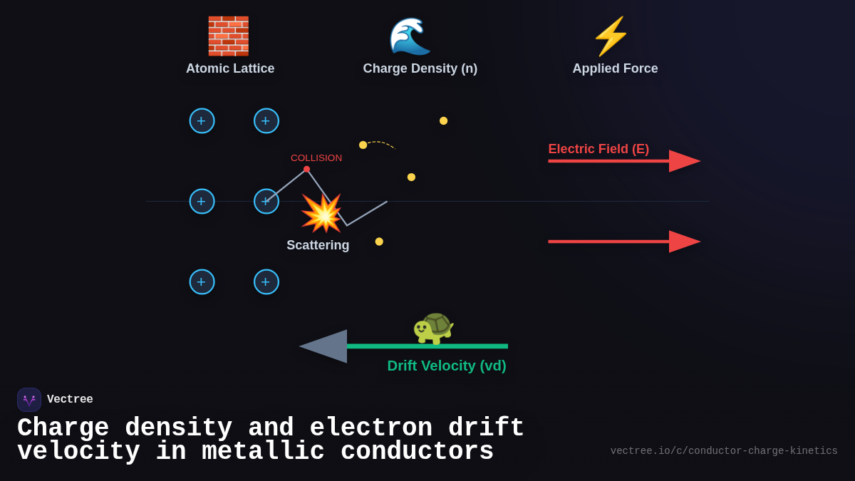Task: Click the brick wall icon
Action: click(228, 36)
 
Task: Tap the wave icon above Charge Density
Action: click(410, 36)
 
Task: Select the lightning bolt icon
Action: click(611, 36)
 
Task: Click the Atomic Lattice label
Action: click(230, 68)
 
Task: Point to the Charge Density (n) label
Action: click(420, 68)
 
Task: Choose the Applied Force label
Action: click(615, 68)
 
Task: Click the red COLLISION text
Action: click(316, 157)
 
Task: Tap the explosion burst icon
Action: click(322, 212)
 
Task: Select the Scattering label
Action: click(318, 245)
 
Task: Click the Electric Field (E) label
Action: click(598, 149)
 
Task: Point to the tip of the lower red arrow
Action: click(698, 242)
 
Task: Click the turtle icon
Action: click(433, 327)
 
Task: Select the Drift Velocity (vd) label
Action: click(447, 366)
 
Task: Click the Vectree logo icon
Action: click(29, 400)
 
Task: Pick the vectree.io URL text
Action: click(724, 451)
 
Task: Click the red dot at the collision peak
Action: click(306, 170)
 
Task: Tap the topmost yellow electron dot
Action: click(443, 121)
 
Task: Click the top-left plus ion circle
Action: click(202, 121)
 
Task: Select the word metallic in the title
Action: click(263, 452)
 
